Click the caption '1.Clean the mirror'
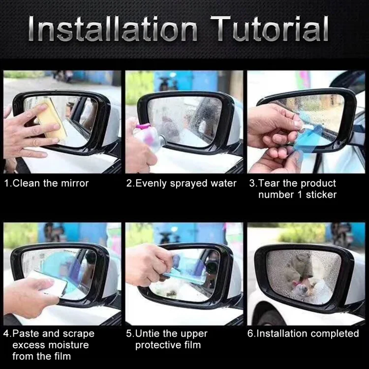point(46,184)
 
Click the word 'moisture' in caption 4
point(68,345)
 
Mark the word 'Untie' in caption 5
point(148,334)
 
